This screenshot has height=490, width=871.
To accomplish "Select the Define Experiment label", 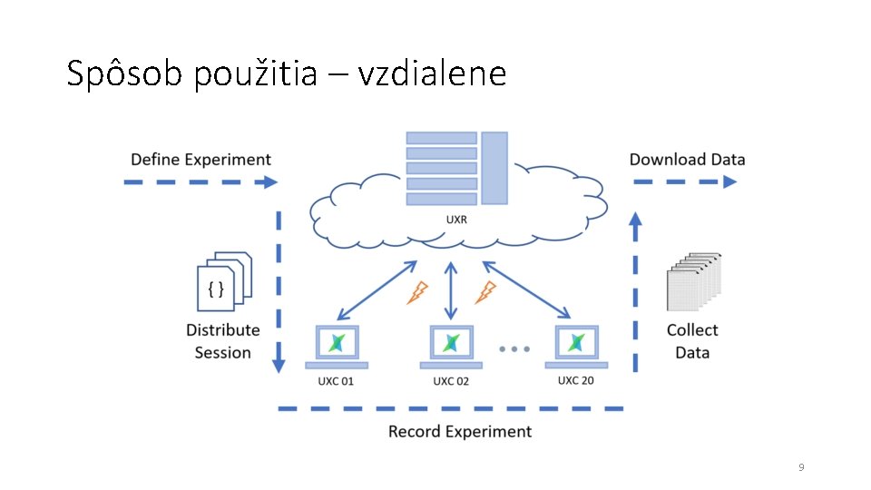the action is coord(201,160).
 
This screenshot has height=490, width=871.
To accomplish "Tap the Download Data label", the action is coord(687,160).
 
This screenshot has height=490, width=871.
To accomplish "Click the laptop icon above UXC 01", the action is coord(337,345).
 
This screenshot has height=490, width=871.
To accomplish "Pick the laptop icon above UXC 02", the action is coord(451,345).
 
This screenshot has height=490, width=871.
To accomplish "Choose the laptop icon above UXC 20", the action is coord(576,343).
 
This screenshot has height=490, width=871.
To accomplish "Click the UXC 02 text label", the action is coord(451,382).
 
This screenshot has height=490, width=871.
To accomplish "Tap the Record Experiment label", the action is coord(459,431).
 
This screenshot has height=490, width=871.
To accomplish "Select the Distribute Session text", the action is coord(223,341).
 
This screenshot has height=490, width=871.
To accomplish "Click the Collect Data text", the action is coord(692,341).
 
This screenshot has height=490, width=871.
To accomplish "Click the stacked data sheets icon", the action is coord(693,282).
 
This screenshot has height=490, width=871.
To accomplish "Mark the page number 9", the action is coord(801,467).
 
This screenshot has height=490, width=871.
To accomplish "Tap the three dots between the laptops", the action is coord(514,348).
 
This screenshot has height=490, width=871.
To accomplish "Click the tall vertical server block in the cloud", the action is coord(494,168).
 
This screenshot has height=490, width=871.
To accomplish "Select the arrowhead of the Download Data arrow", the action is coord(729,181).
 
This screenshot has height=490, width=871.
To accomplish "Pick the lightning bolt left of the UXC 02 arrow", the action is coord(417,292).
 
